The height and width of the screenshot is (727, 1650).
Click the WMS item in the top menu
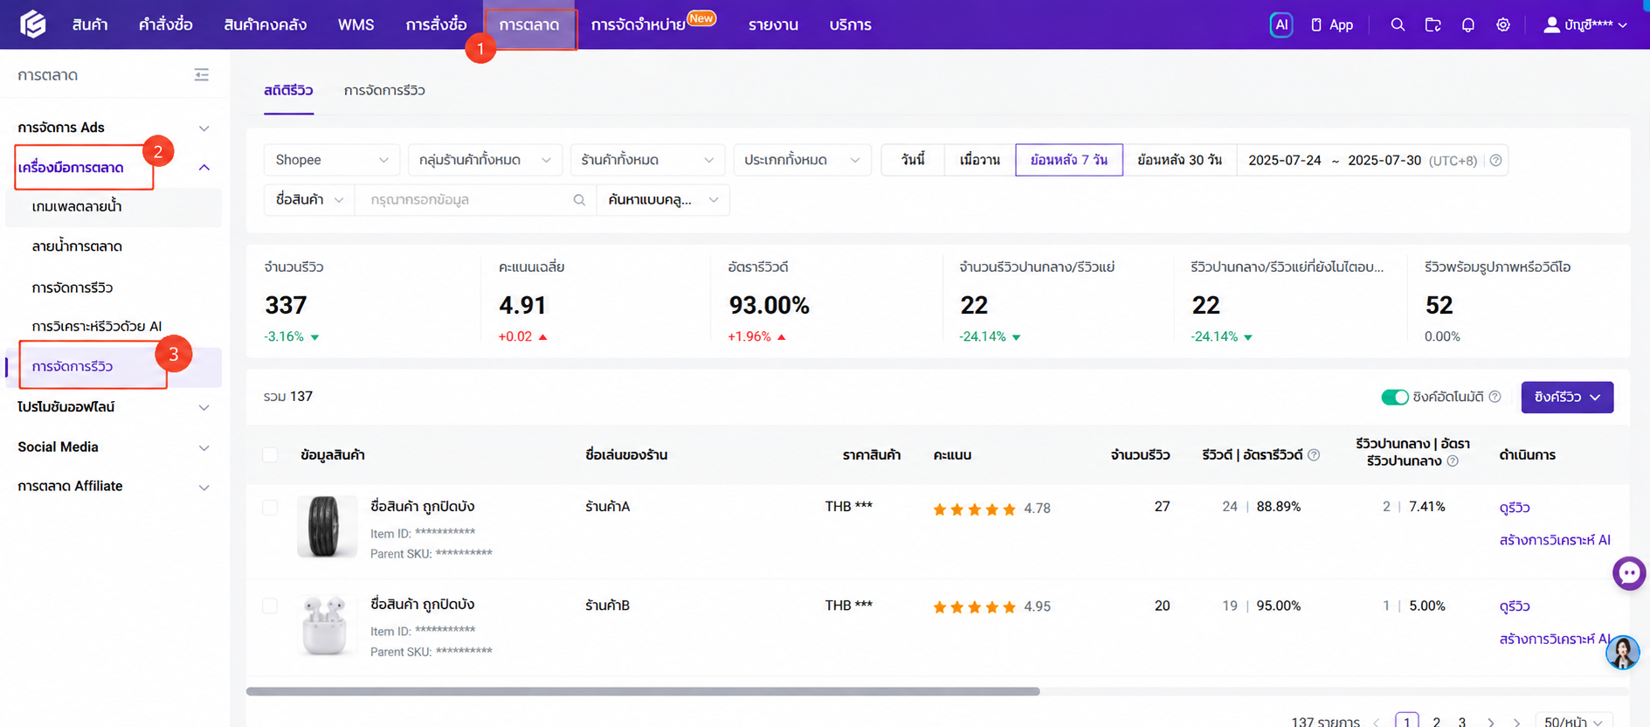(356, 24)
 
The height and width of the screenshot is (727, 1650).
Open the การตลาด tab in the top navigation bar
(529, 25)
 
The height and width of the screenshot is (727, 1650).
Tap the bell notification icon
(1467, 24)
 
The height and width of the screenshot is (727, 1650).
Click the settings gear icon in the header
(1502, 24)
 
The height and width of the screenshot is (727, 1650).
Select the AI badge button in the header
(1281, 24)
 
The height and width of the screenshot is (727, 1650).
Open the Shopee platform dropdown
(331, 160)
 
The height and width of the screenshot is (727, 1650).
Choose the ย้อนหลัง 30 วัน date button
(1179, 160)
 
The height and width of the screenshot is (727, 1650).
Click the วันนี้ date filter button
(913, 160)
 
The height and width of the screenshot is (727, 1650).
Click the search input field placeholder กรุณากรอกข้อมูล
(419, 199)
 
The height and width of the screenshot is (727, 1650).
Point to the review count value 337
(286, 305)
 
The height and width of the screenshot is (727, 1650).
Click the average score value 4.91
(522, 305)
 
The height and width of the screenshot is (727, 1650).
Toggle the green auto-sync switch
(1394, 398)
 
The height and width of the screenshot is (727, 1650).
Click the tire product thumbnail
(327, 526)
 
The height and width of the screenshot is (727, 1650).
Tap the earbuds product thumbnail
(327, 625)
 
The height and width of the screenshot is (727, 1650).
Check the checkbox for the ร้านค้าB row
(270, 606)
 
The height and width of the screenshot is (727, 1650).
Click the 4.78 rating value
(1037, 509)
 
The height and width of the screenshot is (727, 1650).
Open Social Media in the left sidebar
(58, 447)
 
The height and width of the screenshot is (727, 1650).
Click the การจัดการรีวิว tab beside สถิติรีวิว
(384, 90)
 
